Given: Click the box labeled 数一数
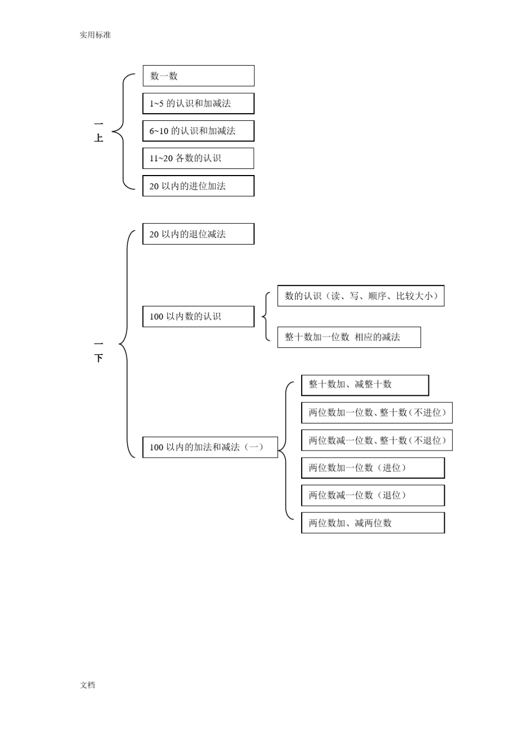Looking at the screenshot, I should [x=198, y=76].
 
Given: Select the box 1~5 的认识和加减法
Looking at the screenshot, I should [x=198, y=104].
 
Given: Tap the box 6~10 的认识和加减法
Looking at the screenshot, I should [x=198, y=131].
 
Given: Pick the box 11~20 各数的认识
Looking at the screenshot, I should [x=198, y=158].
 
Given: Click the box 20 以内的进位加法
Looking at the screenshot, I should [x=198, y=186].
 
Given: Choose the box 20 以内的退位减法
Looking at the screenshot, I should [x=198, y=234].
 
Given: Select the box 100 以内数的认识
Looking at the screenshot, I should [x=198, y=316].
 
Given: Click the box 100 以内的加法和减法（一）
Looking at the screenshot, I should [x=210, y=447].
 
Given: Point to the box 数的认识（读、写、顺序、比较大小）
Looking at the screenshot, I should [x=361, y=296].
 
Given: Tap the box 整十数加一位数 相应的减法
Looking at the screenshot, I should [x=349, y=337].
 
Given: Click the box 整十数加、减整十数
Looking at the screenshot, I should [x=365, y=385].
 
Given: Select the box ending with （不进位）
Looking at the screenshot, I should [x=377, y=412].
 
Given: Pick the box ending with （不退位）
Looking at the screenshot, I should [x=377, y=441].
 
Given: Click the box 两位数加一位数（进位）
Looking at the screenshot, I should [x=372, y=468].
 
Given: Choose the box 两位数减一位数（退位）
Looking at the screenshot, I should [x=372, y=495].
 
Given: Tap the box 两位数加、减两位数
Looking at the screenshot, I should [x=372, y=523].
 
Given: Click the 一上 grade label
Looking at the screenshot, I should [x=99, y=132].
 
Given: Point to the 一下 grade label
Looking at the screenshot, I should [x=99, y=352].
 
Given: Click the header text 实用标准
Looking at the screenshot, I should [x=95, y=35].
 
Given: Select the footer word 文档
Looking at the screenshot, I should [x=87, y=685].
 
